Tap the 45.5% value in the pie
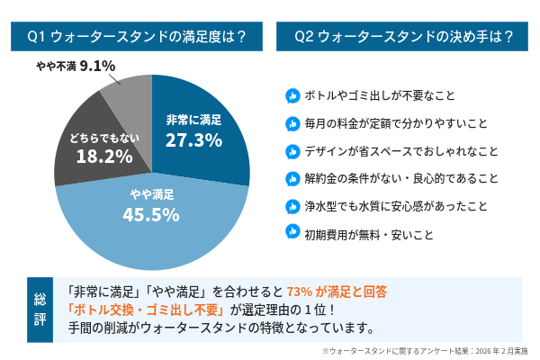151,214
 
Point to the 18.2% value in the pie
99,156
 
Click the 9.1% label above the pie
97,66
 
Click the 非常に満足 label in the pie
193,119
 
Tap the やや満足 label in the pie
151,194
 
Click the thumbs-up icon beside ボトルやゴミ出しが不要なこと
292,95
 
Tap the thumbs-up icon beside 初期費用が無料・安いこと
292,232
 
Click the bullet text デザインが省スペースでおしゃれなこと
401,150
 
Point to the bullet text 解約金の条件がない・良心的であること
401,177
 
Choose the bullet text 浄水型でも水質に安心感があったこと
396,205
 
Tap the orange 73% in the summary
298,292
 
